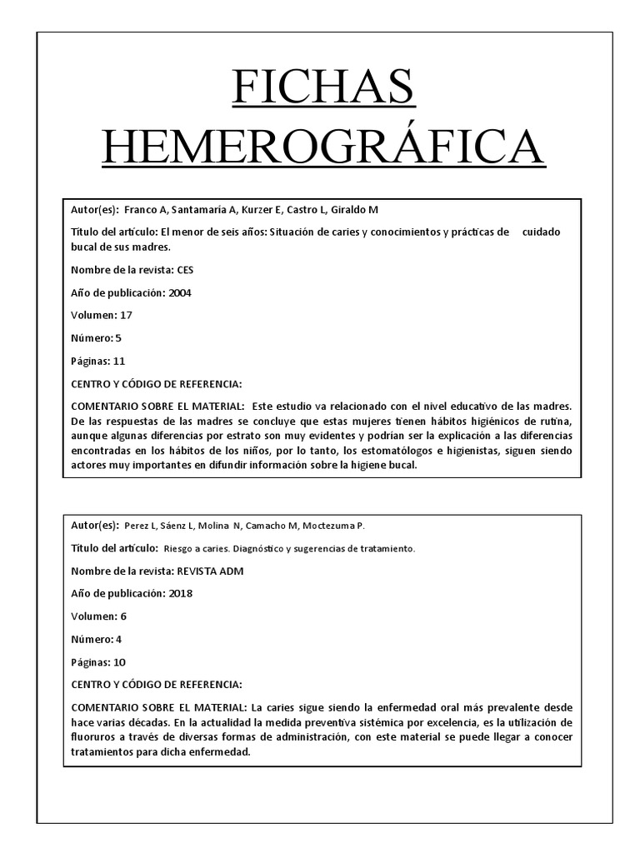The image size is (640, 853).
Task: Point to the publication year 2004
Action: [x=180, y=292]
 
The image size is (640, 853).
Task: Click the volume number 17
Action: [x=126, y=315]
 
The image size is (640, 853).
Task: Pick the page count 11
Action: [x=118, y=361]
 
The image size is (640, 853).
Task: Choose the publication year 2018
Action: [x=180, y=594]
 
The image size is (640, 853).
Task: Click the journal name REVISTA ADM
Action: [x=210, y=571]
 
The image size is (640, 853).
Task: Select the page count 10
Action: [x=118, y=662]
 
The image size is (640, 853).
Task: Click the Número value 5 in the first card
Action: [x=119, y=337]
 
